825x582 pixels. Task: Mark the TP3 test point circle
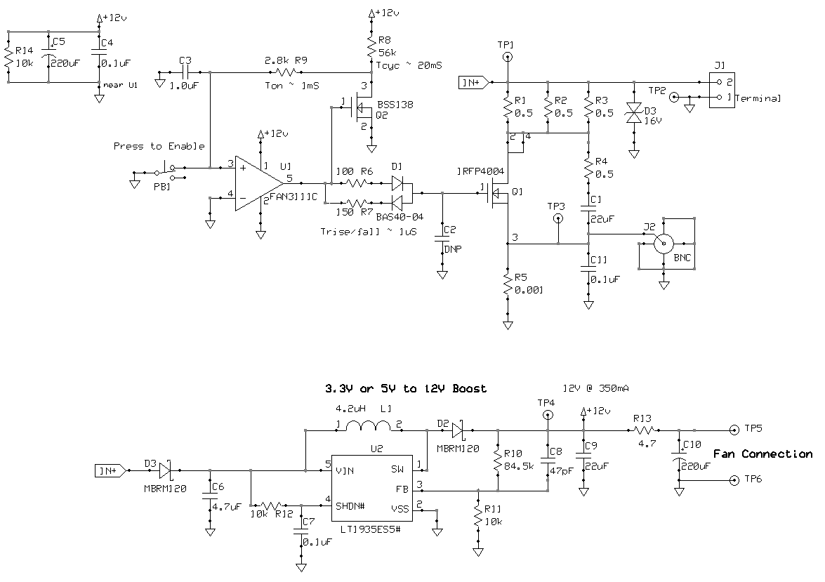559,218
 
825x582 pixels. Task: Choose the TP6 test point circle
734,480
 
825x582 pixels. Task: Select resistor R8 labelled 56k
371,48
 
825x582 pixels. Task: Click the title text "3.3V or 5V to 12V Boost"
405,388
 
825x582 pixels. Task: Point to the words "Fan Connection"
763,454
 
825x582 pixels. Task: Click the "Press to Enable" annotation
159,146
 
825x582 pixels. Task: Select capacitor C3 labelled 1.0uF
187,72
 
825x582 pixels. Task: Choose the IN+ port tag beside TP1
473,82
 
